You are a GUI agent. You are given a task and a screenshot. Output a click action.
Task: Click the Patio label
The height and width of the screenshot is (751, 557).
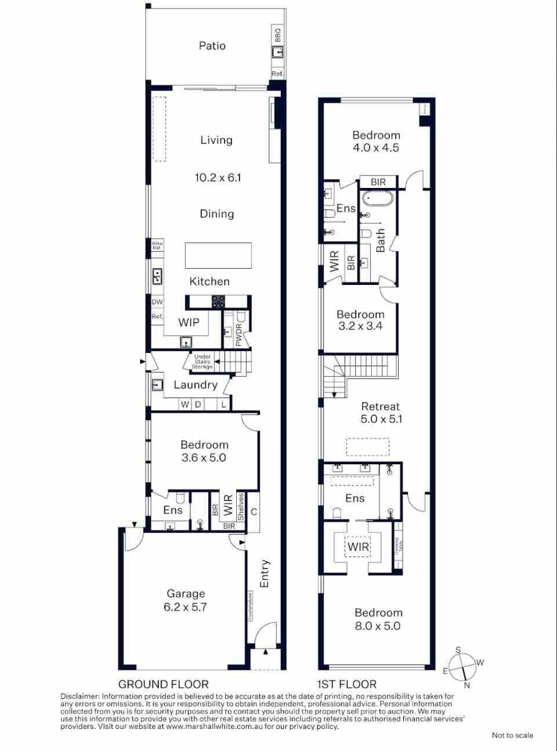[212, 46]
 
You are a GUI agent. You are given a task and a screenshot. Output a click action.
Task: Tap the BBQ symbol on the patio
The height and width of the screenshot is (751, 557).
[277, 52]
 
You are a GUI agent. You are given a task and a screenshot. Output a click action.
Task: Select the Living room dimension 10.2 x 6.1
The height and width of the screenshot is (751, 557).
[218, 178]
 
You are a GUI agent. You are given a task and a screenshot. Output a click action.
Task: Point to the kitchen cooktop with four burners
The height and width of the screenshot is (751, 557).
[219, 301]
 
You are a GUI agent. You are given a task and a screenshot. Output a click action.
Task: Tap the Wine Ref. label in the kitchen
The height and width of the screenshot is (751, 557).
[157, 245]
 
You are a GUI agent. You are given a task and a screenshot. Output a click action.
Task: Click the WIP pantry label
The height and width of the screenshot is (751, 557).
[189, 322]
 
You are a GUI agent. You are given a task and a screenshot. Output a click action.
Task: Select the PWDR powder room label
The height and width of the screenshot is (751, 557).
[238, 335]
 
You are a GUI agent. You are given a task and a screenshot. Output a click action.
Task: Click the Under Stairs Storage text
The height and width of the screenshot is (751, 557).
[202, 362]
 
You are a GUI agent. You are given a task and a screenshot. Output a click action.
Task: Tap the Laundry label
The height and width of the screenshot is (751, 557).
[196, 385]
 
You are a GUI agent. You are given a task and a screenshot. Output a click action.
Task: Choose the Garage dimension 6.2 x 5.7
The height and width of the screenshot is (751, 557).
[186, 607]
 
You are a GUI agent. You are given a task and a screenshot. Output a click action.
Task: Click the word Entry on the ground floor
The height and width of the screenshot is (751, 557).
[265, 573]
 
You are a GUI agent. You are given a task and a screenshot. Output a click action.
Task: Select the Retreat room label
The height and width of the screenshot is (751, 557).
[381, 406]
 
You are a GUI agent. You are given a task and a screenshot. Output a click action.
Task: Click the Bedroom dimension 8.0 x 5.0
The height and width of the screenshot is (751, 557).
[378, 626]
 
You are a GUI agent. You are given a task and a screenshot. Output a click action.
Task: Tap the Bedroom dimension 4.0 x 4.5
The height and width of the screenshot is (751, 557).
[376, 147]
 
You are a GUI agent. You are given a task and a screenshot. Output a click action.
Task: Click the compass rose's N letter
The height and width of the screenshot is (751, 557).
[467, 685]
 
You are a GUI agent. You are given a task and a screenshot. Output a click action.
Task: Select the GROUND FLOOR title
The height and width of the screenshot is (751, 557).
[163, 684]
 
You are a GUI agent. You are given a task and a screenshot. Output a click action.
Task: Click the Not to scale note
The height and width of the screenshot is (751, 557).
[512, 735]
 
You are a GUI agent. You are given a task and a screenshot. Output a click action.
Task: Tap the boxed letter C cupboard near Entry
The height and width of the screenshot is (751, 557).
[254, 512]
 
